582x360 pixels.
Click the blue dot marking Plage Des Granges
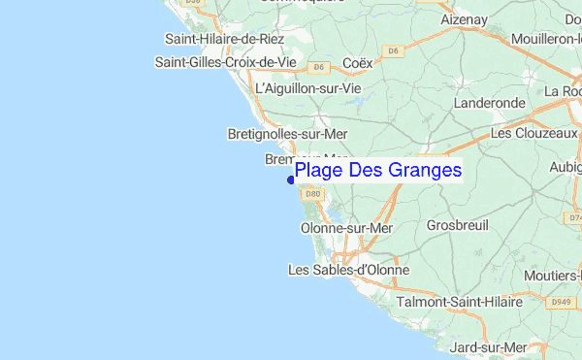[x=291, y=179]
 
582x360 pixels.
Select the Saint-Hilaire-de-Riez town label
[x=224, y=39]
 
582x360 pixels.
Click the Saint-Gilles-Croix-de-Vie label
[x=225, y=62]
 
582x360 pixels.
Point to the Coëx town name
[x=358, y=63]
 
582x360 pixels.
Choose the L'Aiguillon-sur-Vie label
[x=307, y=87]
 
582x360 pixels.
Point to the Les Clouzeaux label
[x=534, y=132]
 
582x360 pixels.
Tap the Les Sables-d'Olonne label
[x=349, y=270]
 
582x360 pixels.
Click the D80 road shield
[x=313, y=193]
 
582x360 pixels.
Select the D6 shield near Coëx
[x=317, y=67]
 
